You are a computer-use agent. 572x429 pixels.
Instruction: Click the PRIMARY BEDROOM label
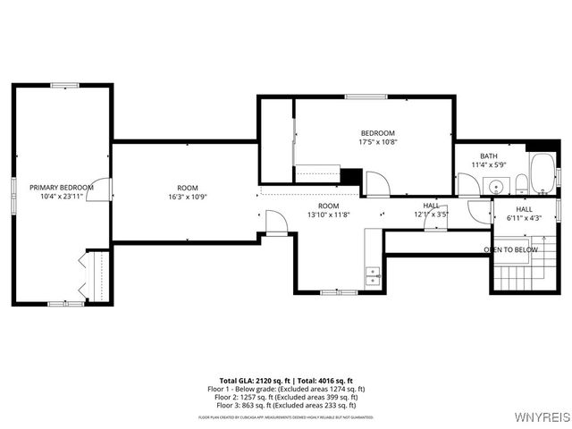(62, 188)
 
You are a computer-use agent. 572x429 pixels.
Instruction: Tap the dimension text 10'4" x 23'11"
(62, 197)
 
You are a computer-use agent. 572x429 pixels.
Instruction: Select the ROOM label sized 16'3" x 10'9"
(188, 188)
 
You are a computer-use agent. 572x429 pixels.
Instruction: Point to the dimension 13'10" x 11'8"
(329, 214)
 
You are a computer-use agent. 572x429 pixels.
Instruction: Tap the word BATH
(489, 156)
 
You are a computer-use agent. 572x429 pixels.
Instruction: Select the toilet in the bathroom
(520, 185)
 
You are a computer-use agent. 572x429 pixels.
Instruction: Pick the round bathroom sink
(494, 187)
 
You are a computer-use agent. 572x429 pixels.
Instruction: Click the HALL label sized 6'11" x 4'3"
(524, 209)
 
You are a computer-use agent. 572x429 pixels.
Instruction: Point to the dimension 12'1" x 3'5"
(431, 214)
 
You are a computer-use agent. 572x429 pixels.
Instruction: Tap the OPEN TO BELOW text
(510, 249)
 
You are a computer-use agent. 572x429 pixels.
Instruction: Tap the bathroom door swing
(469, 185)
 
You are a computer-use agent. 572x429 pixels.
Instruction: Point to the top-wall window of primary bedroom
(64, 86)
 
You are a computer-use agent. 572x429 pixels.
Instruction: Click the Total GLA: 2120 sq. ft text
(252, 381)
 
